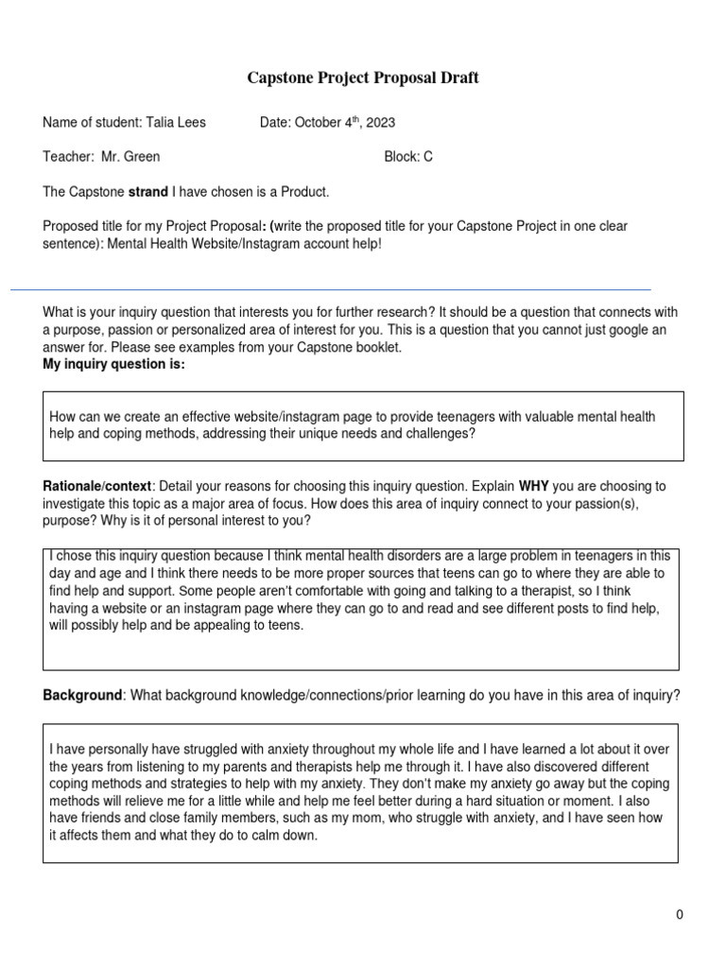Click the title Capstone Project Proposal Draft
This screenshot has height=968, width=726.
tap(363, 78)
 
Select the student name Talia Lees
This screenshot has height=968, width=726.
tap(176, 123)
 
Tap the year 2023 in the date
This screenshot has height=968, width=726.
tap(380, 123)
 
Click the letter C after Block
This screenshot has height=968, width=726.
tap(428, 157)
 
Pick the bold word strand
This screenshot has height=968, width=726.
tap(148, 192)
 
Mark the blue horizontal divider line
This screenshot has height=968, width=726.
tap(331, 289)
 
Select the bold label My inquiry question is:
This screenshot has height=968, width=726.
tap(113, 364)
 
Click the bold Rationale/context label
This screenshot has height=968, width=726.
tap(96, 486)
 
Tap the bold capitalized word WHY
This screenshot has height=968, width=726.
tap(535, 486)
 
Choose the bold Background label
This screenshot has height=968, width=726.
tap(82, 695)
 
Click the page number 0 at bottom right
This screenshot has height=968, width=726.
tap(679, 914)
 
